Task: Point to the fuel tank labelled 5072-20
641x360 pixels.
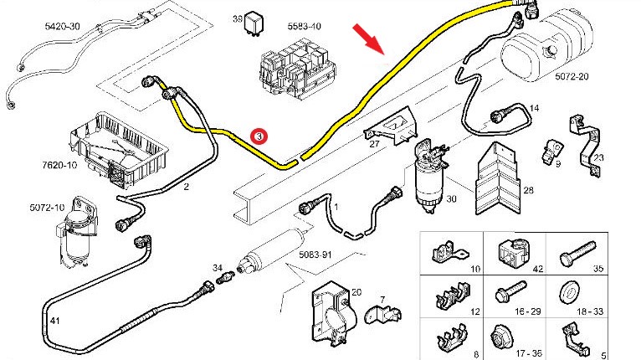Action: [548, 50]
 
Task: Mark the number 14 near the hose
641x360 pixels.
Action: [535, 108]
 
